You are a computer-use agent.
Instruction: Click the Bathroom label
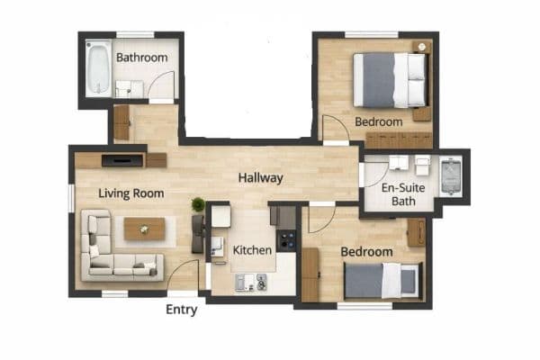(x=142, y=58)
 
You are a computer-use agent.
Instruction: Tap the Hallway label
(x=261, y=178)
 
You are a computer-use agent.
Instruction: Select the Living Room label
(x=124, y=192)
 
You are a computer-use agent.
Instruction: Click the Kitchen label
(x=253, y=249)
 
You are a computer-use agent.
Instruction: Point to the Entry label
(x=182, y=310)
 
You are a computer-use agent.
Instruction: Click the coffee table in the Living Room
(x=144, y=229)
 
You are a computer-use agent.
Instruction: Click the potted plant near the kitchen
(x=198, y=205)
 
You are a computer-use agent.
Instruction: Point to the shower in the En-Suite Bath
(x=452, y=175)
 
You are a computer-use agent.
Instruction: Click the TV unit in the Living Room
(x=121, y=160)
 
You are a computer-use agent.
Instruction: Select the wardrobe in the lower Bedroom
(x=310, y=274)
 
